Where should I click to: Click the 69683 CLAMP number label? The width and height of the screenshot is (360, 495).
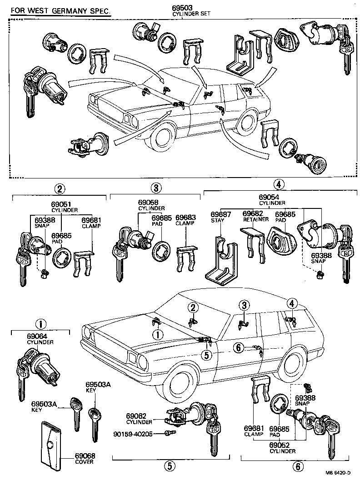[x=185, y=218]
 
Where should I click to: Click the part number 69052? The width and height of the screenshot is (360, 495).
[x=283, y=445]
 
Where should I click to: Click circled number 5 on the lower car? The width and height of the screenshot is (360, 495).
[x=207, y=355]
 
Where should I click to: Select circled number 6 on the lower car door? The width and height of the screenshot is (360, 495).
[x=239, y=347]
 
